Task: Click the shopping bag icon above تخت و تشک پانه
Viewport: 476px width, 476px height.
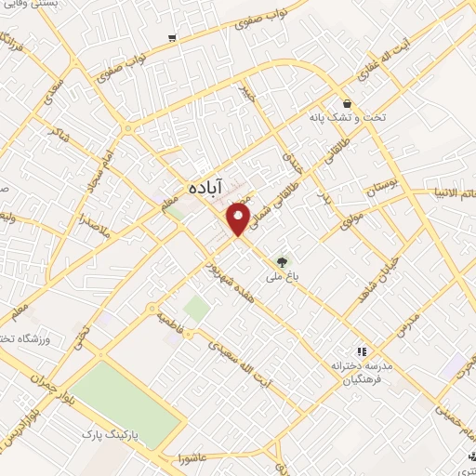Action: click(347, 103)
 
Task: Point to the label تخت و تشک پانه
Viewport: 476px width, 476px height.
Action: click(346, 119)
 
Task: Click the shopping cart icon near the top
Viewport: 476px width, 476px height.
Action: click(172, 38)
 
